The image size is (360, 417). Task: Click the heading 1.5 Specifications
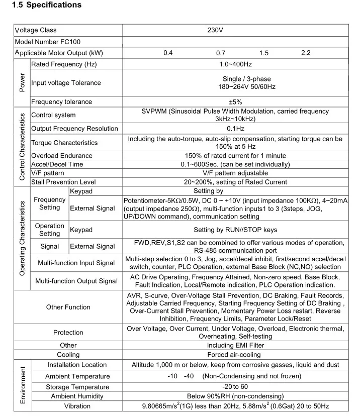[x=46, y=6]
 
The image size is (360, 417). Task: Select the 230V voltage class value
[x=215, y=30]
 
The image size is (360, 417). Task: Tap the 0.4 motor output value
[x=168, y=53]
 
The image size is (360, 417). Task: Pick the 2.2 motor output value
[x=306, y=53]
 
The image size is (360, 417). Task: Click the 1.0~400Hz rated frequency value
[x=235, y=64]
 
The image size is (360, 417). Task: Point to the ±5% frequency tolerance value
[x=235, y=101]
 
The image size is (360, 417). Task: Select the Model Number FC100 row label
[x=48, y=42]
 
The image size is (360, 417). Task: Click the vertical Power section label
[x=22, y=83]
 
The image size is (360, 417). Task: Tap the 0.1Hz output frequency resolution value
[x=235, y=129]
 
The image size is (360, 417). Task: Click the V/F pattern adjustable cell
[x=235, y=173]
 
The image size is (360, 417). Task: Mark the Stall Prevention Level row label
[x=63, y=182]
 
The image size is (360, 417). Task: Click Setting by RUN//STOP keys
[x=235, y=230]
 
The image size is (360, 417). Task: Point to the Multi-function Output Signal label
[x=76, y=281]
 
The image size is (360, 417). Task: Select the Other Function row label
[x=68, y=307]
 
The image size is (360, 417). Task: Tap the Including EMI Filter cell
[x=235, y=345]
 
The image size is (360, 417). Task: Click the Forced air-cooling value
[x=235, y=355]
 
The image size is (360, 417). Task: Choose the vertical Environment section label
[x=23, y=385]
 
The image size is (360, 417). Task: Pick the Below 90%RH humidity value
[x=235, y=396]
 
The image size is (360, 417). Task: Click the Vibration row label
[x=77, y=406]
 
